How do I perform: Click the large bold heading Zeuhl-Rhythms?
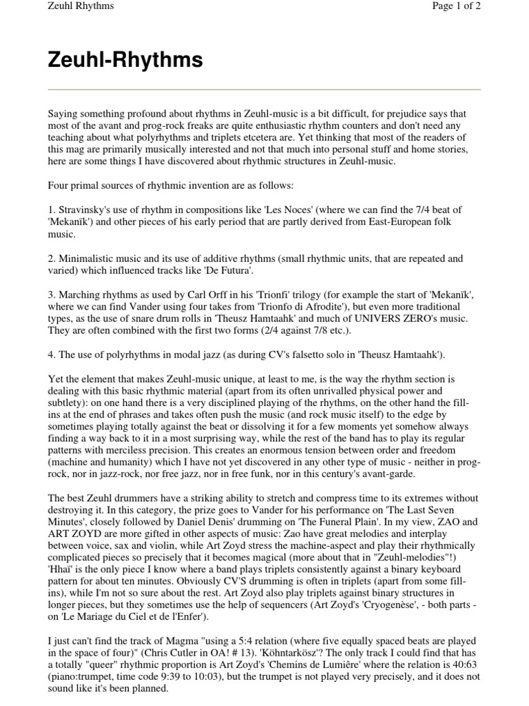[x=125, y=61]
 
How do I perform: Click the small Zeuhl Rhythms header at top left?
[x=81, y=6]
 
